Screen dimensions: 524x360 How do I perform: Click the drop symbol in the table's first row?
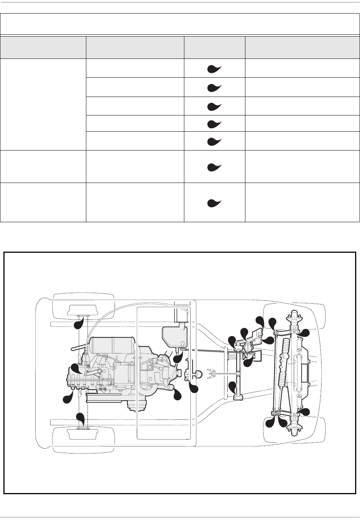pos(214,69)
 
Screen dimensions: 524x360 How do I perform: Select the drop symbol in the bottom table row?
pos(214,203)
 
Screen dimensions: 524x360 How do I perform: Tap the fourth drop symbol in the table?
pos(214,123)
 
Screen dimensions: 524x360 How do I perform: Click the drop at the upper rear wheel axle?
pos(79,324)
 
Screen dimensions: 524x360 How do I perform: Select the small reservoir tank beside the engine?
pos(175,337)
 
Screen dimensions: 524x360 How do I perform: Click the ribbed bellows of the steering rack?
pos(283,362)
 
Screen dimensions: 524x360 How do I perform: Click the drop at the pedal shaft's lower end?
pos(233,388)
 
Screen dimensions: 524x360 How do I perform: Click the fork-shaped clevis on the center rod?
pos(212,374)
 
